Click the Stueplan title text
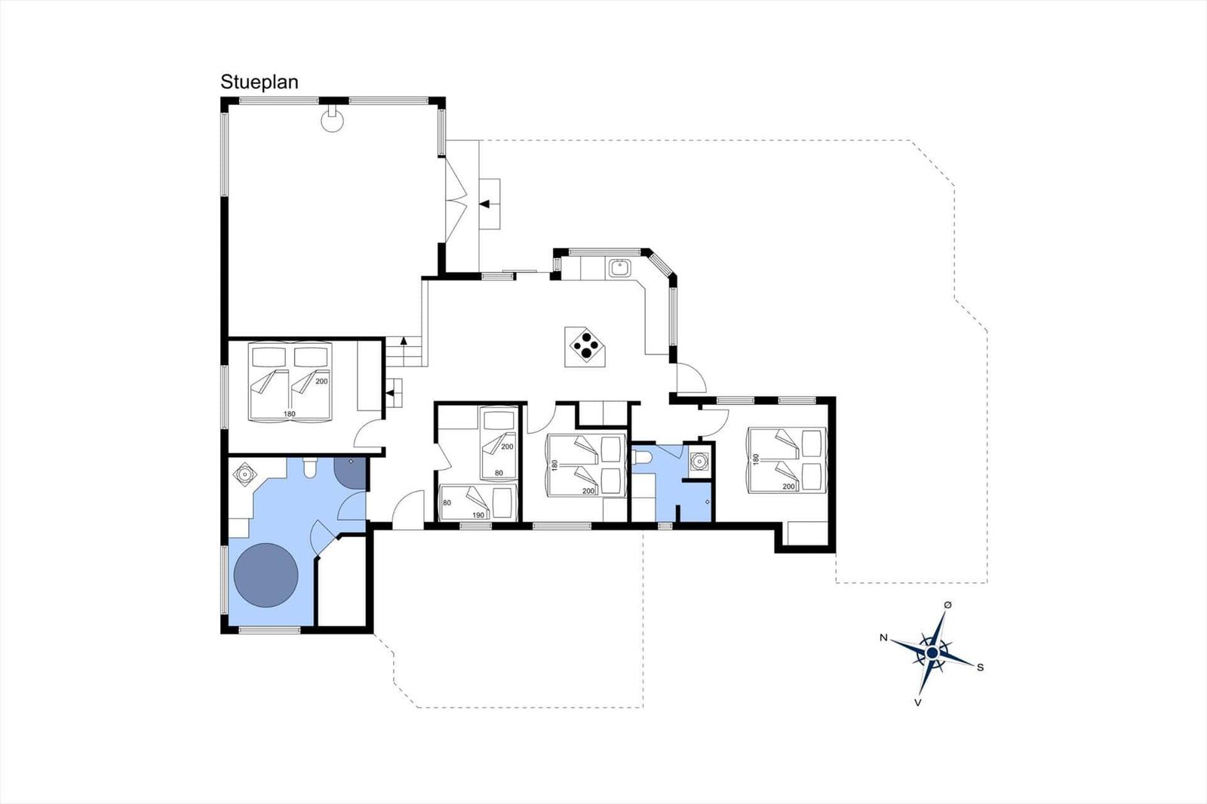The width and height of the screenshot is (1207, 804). point(260,82)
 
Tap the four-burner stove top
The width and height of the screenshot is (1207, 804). point(585,347)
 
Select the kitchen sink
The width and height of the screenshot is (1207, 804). point(620,268)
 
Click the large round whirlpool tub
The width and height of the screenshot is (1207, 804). point(266,575)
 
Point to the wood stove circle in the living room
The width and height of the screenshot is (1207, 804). point(332,121)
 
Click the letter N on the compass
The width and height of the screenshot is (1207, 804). point(883,637)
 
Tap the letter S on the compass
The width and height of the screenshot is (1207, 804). point(980,667)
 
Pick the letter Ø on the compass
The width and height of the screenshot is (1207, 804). point(947,605)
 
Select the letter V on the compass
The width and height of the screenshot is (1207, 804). point(917,702)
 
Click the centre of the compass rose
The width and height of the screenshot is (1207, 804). point(932,653)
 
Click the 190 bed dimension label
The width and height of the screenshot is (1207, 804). point(478,515)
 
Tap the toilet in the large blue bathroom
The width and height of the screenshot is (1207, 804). point(310,468)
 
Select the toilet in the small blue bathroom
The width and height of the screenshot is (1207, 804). point(642,457)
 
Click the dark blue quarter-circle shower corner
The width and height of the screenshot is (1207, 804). point(349,472)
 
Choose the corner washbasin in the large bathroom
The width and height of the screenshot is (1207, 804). point(244,474)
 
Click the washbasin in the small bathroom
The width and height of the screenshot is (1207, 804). point(699,462)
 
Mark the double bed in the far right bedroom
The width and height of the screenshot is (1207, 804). point(786,460)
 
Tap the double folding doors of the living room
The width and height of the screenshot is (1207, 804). point(456,201)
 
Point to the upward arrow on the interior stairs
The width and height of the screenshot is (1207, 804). point(403,341)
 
